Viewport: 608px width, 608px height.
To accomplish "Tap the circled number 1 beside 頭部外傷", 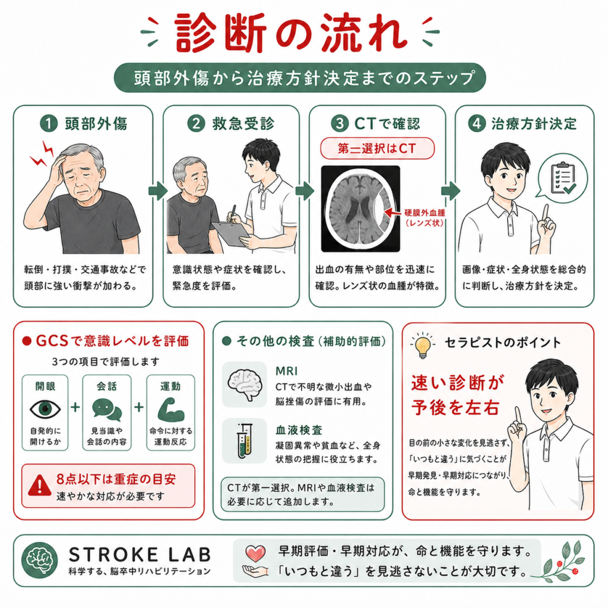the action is click(49, 123).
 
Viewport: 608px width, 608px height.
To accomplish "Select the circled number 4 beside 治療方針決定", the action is click(477, 123).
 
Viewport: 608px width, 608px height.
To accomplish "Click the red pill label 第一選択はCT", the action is click(377, 148).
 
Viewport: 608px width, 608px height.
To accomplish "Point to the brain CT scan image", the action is click(360, 208).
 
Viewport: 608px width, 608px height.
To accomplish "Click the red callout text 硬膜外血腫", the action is click(425, 213).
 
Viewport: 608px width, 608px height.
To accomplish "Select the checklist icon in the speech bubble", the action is click(563, 178).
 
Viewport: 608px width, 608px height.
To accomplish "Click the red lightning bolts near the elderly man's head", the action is click(43, 154).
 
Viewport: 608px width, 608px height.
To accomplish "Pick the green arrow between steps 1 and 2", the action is click(158, 191).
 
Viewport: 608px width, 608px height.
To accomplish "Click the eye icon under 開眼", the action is click(45, 409).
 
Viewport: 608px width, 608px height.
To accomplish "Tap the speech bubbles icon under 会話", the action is click(107, 410).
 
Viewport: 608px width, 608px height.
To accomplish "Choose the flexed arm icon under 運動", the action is click(170, 410).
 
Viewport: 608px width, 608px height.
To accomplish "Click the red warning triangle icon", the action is click(40, 485).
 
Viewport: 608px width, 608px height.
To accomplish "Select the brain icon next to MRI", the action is click(244, 384).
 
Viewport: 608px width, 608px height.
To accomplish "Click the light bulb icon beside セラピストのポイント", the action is click(422, 345).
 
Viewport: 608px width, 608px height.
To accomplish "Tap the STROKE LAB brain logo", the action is click(40, 560).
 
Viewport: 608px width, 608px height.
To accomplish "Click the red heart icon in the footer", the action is click(255, 553).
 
